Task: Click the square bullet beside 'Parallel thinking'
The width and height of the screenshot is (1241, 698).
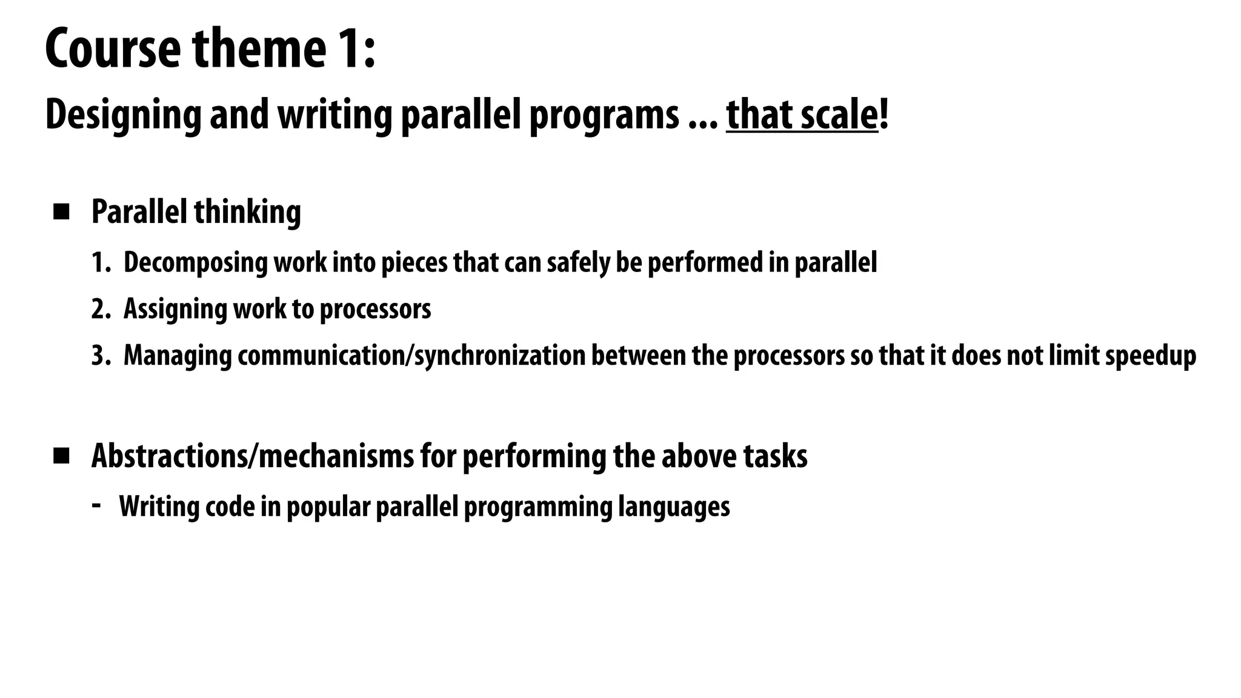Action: [61, 212]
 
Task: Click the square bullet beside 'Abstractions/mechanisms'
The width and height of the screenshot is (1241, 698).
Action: [61, 456]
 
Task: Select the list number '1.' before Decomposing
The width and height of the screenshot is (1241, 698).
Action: [101, 263]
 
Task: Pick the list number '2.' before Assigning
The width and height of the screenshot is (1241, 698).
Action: [101, 309]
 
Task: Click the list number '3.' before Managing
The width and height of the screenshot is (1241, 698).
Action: [101, 356]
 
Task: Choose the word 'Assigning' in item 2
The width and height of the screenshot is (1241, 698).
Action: [175, 310]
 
